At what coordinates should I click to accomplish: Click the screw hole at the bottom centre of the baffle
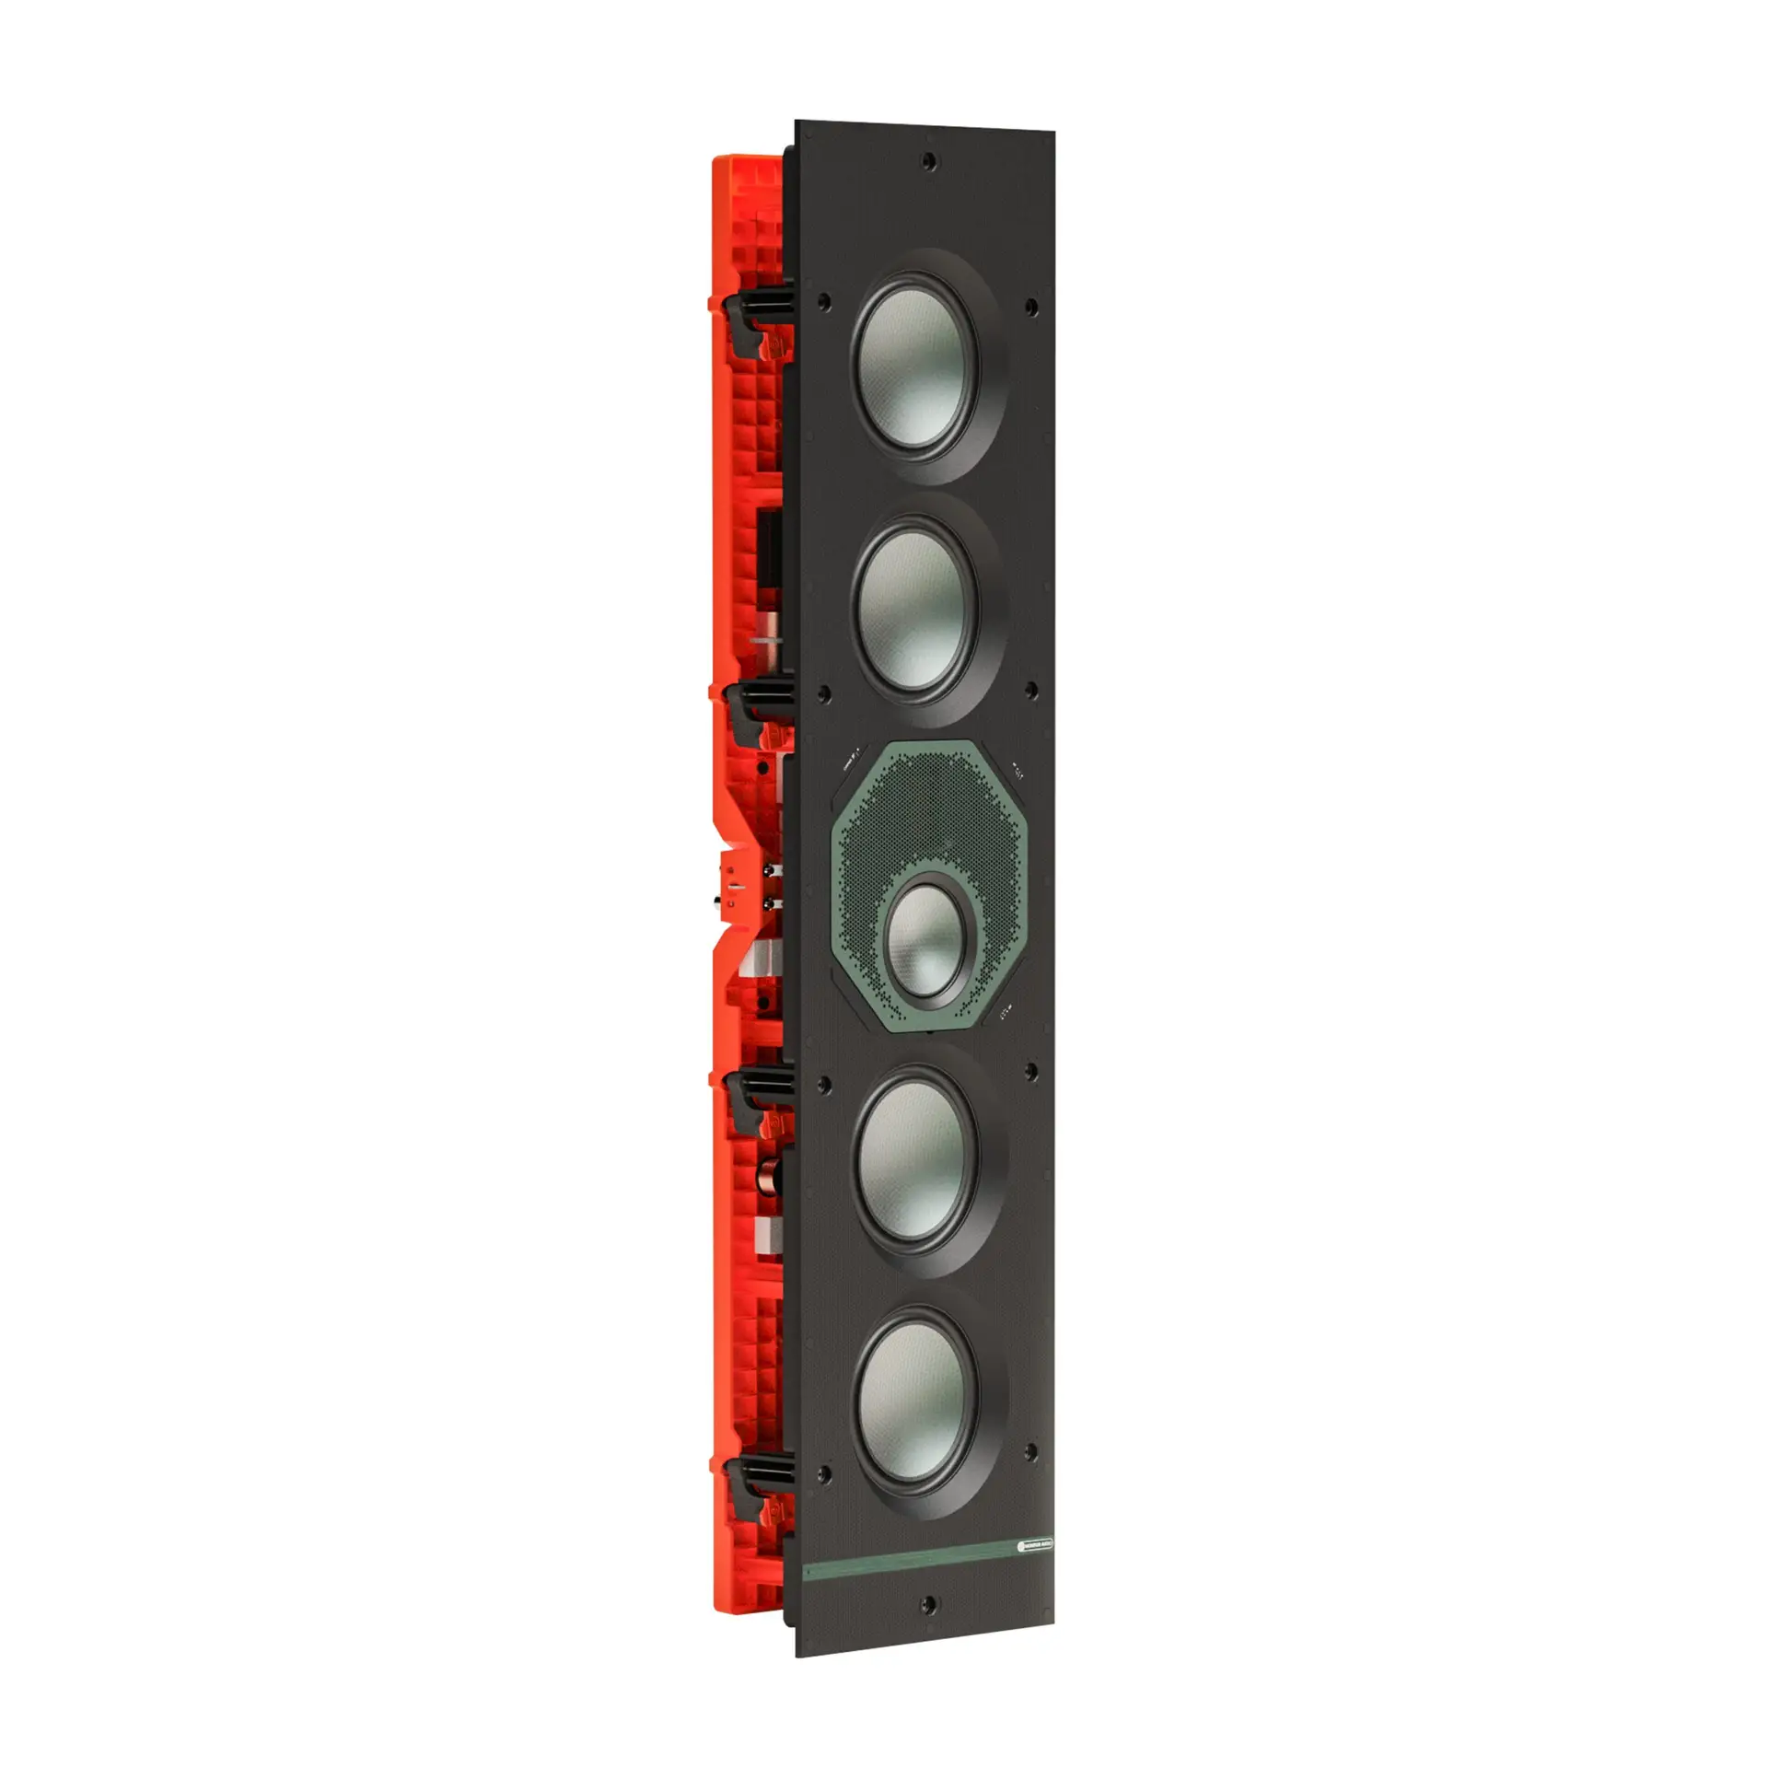point(930,1629)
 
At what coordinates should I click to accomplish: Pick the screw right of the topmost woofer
point(1031,305)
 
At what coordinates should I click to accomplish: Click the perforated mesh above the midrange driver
point(921,810)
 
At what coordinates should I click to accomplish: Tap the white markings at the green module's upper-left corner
point(854,758)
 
